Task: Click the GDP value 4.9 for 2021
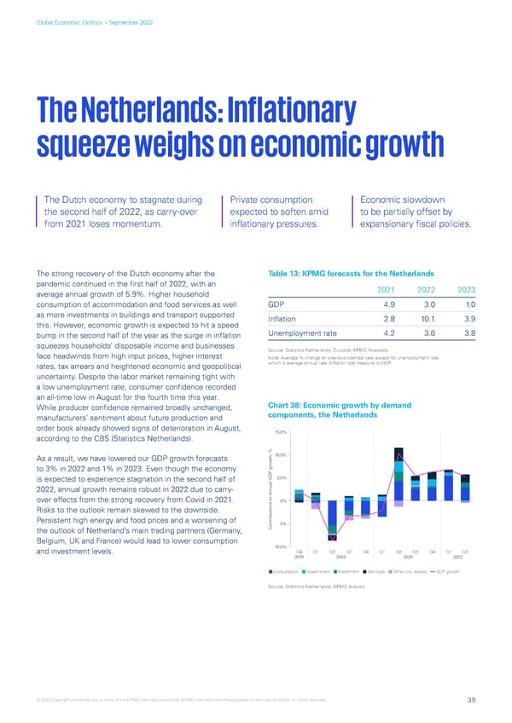(x=388, y=305)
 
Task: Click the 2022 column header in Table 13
(x=424, y=288)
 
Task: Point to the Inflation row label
(x=282, y=319)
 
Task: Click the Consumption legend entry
(x=287, y=570)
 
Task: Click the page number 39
(x=472, y=701)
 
